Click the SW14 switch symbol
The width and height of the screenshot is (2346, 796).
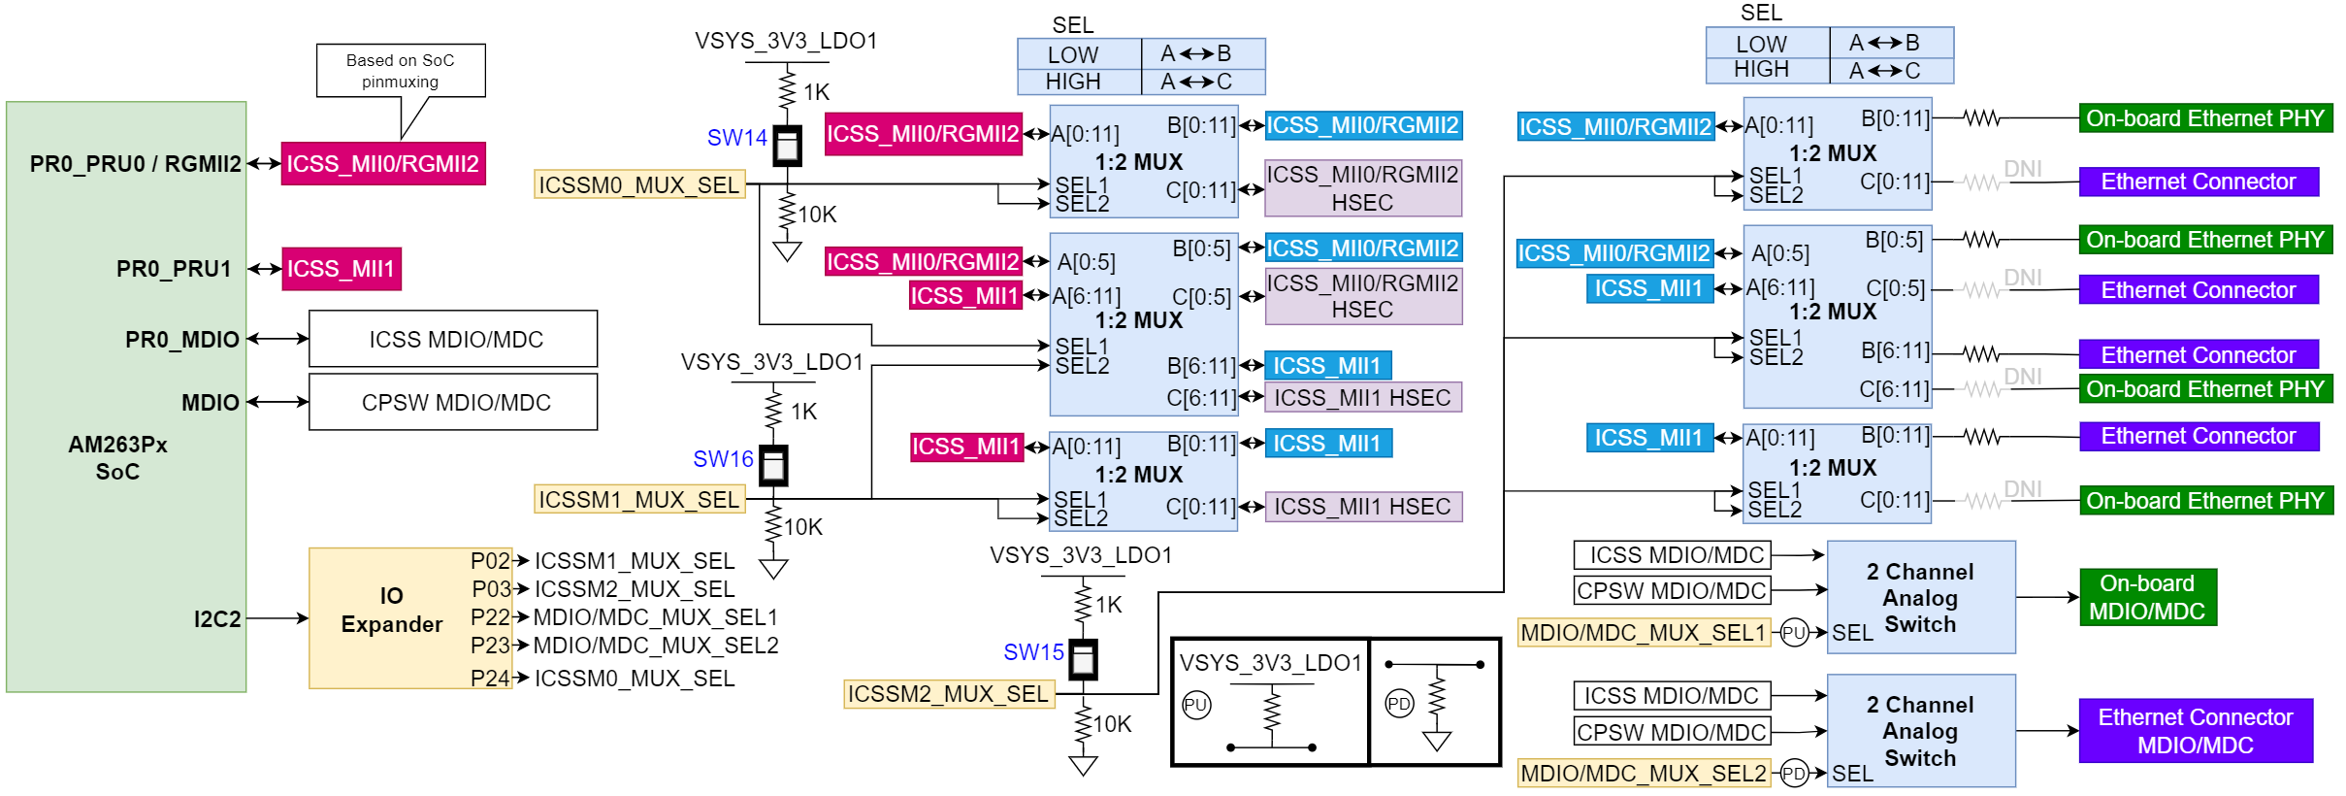pyautogui.click(x=787, y=146)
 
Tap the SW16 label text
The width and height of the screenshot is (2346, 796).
pyautogui.click(x=723, y=459)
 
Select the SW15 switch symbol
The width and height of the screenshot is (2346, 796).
pyautogui.click(x=1083, y=660)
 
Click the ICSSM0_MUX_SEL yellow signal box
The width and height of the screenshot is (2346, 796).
pyautogui.click(x=639, y=184)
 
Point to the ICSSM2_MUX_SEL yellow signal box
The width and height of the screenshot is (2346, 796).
pyautogui.click(x=948, y=694)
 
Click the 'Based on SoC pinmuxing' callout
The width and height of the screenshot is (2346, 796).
pyautogui.click(x=401, y=71)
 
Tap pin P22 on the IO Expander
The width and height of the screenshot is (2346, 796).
pyautogui.click(x=490, y=617)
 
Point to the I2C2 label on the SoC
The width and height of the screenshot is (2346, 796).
pyautogui.click(x=217, y=619)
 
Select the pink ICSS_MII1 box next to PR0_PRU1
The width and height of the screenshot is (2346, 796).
pyautogui.click(x=341, y=269)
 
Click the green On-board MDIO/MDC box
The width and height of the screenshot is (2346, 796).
pyautogui.click(x=2147, y=597)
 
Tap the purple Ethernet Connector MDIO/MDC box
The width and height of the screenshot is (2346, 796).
pyautogui.click(x=2195, y=731)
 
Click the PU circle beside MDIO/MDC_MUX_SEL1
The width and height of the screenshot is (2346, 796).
pyautogui.click(x=1794, y=633)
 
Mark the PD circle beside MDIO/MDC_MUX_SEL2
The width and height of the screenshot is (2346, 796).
pyautogui.click(x=1794, y=774)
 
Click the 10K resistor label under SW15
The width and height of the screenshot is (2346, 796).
pyautogui.click(x=1113, y=724)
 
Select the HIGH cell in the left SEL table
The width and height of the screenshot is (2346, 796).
pyautogui.click(x=1073, y=82)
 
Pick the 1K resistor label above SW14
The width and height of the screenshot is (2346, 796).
pyautogui.click(x=817, y=92)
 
